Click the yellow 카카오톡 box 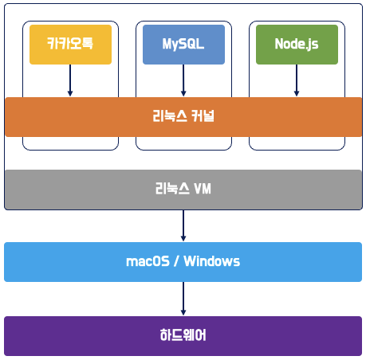pyautogui.click(x=70, y=45)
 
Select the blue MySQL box pyautogui.click(x=183, y=45)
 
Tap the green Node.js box pyautogui.click(x=297, y=45)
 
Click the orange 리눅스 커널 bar pyautogui.click(x=183, y=117)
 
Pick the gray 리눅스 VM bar pyautogui.click(x=183, y=190)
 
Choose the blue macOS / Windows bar pyautogui.click(x=183, y=262)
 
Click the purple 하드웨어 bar pyautogui.click(x=183, y=336)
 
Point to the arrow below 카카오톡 pyautogui.click(x=70, y=80)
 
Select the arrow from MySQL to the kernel pyautogui.click(x=183, y=80)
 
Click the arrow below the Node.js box pyautogui.click(x=297, y=80)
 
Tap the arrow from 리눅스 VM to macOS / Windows pyautogui.click(x=183, y=225)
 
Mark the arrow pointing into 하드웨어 pyautogui.click(x=183, y=299)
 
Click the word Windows pyautogui.click(x=212, y=261)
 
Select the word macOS pyautogui.click(x=148, y=261)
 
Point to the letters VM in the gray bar pyautogui.click(x=203, y=189)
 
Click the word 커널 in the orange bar pyautogui.click(x=203, y=116)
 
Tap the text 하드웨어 pyautogui.click(x=183, y=335)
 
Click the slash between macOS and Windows pyautogui.click(x=176, y=261)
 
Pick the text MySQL pyautogui.click(x=183, y=44)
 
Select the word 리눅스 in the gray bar pyautogui.click(x=172, y=189)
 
